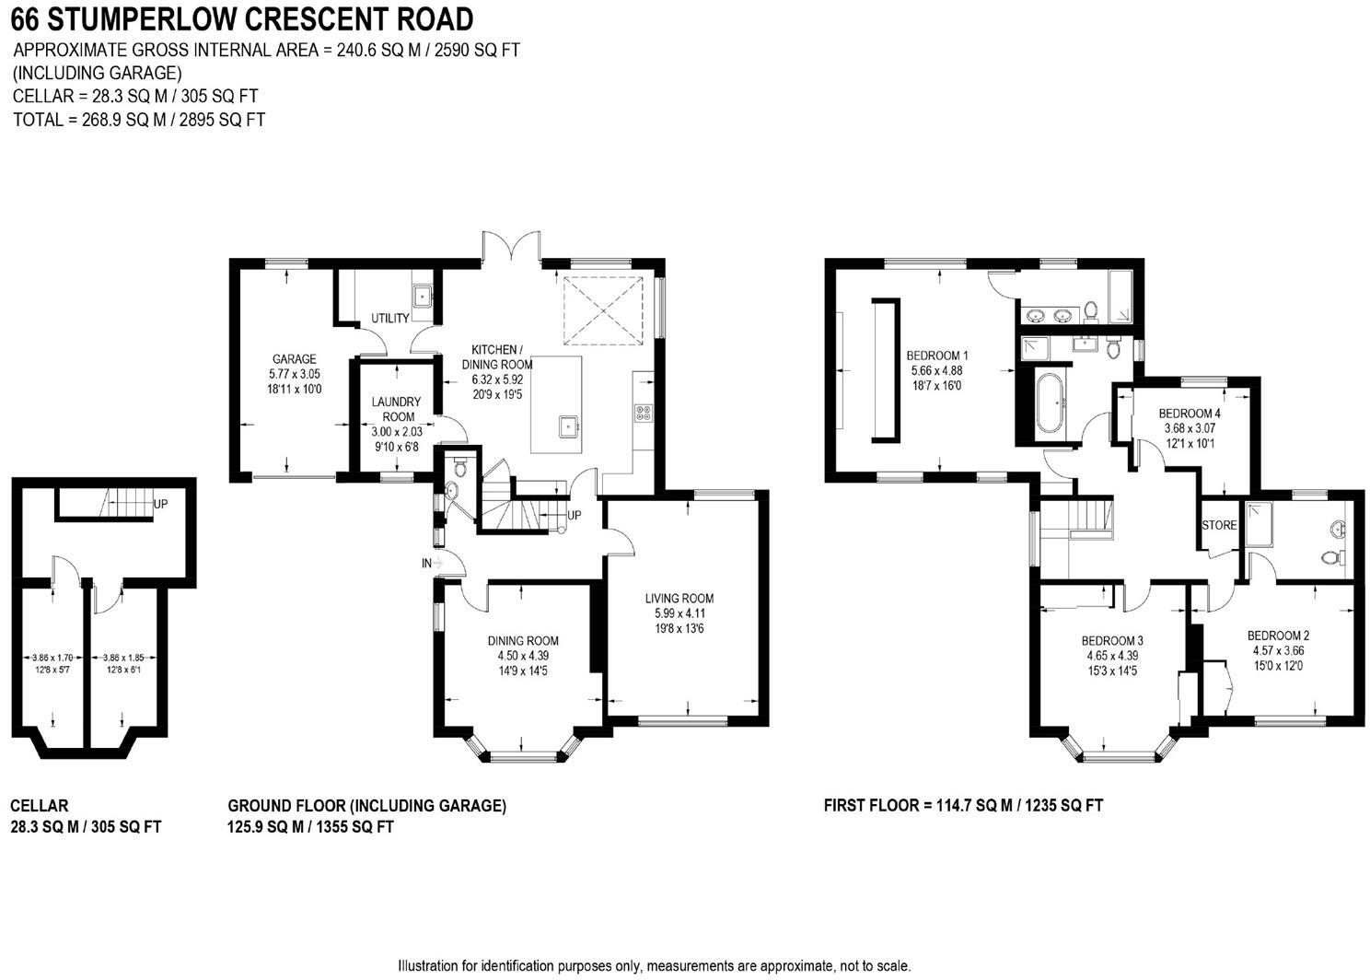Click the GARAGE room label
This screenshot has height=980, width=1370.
click(x=294, y=359)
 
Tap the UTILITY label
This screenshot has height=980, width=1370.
click(x=390, y=319)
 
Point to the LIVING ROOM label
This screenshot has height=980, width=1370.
click(x=679, y=599)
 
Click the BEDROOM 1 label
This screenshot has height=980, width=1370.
click(x=936, y=356)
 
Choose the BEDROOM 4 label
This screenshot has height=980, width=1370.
click(x=1190, y=414)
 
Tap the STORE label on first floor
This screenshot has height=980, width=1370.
click(x=1219, y=525)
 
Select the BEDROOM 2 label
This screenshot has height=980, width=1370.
click(x=1278, y=636)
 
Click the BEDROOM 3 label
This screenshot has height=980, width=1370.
click(x=1112, y=641)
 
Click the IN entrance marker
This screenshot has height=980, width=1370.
click(x=427, y=562)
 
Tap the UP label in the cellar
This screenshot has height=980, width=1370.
click(x=161, y=504)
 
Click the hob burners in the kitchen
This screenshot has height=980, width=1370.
click(x=643, y=414)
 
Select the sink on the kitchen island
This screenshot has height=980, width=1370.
click(x=569, y=426)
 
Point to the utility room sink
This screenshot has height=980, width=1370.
click(x=424, y=296)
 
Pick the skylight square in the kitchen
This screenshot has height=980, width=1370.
click(x=601, y=308)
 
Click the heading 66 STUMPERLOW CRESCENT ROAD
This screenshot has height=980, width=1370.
click(x=242, y=18)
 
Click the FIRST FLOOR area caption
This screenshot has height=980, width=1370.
click(x=963, y=805)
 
